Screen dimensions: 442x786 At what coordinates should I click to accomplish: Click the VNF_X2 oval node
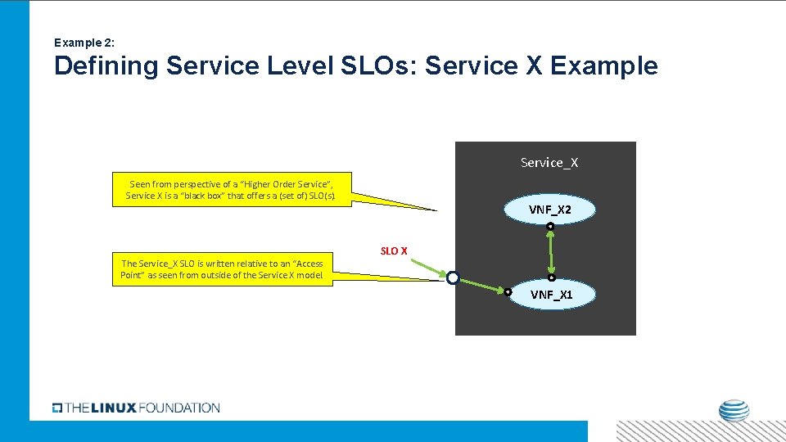[550, 210]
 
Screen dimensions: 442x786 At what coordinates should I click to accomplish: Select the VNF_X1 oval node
[551, 295]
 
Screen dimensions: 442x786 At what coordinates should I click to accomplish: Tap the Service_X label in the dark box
[549, 162]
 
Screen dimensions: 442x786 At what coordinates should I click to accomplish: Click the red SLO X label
[393, 250]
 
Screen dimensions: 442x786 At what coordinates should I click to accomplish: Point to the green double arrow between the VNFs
[551, 252]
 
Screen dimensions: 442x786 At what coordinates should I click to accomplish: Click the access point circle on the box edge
[453, 278]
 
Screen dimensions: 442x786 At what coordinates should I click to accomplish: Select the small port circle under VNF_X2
[551, 226]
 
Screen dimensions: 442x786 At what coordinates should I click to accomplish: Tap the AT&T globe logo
[734, 413]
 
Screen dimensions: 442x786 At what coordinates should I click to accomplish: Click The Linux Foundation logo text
[136, 408]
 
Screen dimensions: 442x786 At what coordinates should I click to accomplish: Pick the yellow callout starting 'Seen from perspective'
[230, 190]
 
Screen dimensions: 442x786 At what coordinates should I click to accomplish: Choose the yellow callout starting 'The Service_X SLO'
[222, 268]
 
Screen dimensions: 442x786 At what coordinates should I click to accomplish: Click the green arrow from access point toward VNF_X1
[481, 285]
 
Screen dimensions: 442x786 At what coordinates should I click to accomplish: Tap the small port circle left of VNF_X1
[508, 291]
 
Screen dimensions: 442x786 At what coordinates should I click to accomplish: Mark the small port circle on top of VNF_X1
[552, 277]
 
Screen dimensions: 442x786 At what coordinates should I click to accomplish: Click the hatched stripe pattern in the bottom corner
[699, 431]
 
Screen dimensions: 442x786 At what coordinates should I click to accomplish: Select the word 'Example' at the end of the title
[603, 66]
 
